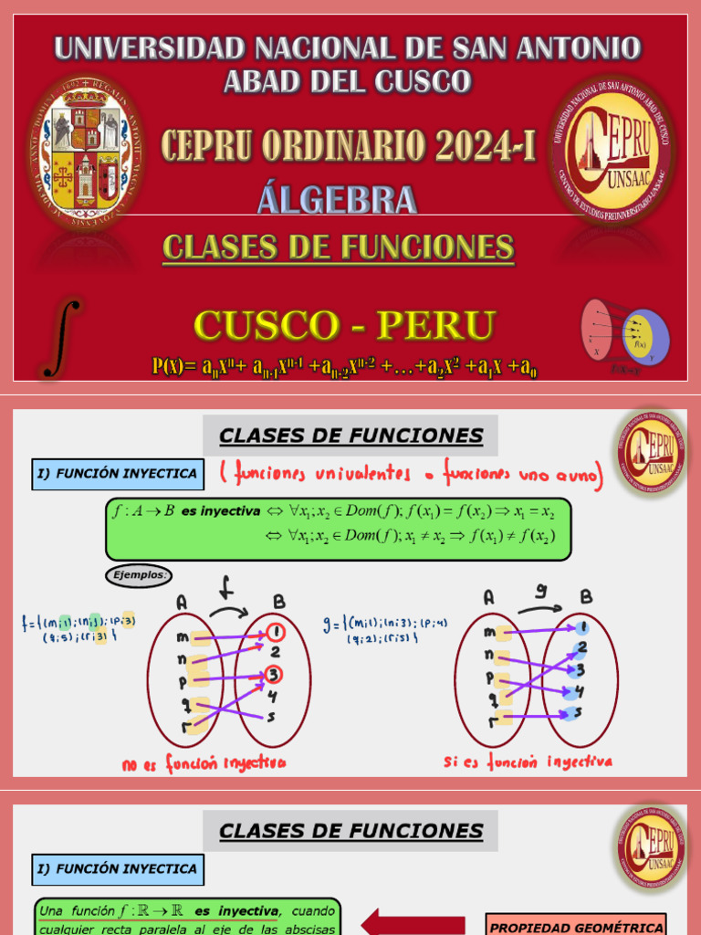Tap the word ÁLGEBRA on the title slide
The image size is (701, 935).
[x=337, y=199]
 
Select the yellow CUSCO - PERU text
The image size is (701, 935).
[x=345, y=325]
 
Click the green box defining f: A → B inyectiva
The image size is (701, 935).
[x=338, y=528]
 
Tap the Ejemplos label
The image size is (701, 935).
[x=139, y=575]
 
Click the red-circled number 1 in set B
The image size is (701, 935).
[x=277, y=632]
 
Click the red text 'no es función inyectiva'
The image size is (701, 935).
[x=203, y=762]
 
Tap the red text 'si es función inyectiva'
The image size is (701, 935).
[x=528, y=761]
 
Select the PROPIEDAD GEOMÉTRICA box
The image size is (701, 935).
[x=575, y=923]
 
